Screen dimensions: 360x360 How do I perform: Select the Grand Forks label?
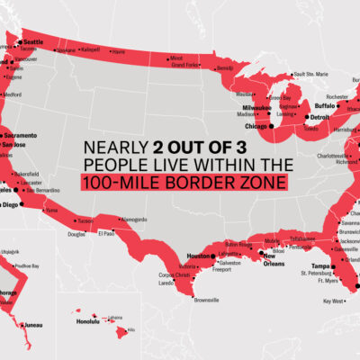click(184, 65)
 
